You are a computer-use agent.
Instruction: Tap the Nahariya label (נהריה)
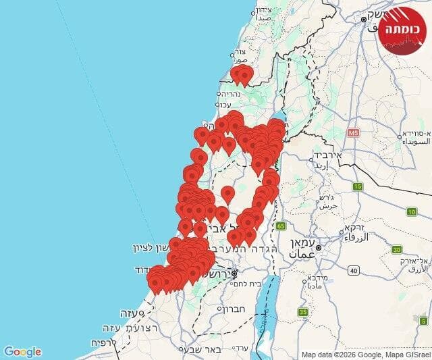point(229,95)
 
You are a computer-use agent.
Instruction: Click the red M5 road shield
point(352,133)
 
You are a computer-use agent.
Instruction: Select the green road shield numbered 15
point(358,186)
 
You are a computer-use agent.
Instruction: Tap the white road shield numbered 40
point(353,270)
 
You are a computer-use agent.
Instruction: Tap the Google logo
point(22,352)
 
